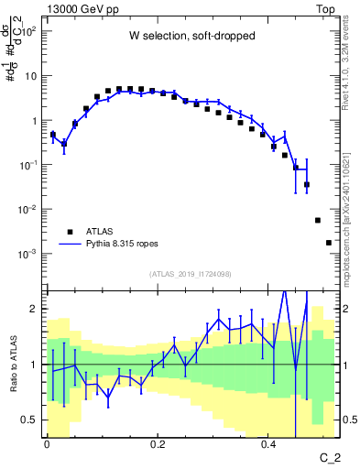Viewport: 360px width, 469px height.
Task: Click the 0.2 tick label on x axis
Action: (x=158, y=444)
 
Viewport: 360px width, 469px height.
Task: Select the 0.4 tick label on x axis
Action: (x=268, y=444)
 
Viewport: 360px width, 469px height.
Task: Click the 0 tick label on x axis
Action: (x=47, y=444)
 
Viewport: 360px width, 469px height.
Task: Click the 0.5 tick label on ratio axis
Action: (x=30, y=420)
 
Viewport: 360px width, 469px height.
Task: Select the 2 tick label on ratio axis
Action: (x=35, y=309)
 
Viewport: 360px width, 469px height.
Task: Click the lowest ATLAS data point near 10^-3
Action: (x=328, y=243)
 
